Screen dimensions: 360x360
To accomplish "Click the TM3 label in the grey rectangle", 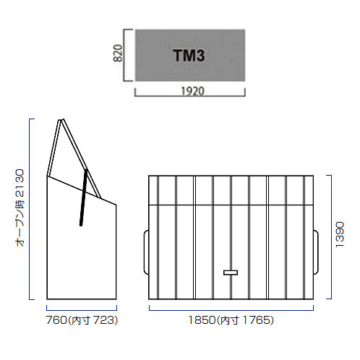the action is [189, 56].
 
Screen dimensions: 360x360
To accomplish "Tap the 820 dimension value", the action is [118, 53].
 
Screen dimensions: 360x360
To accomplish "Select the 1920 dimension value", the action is [192, 91].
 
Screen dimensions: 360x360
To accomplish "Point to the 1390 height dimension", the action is [340, 235].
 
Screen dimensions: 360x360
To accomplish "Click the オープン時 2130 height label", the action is [20, 207].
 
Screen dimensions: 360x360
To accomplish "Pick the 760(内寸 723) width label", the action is [82, 320].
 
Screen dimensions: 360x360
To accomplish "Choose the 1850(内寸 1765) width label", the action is [231, 320].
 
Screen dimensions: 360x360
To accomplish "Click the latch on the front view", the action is [231, 273].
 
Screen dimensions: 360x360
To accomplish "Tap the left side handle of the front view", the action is [146, 252].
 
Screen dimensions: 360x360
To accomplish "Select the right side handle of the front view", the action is [316, 252].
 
